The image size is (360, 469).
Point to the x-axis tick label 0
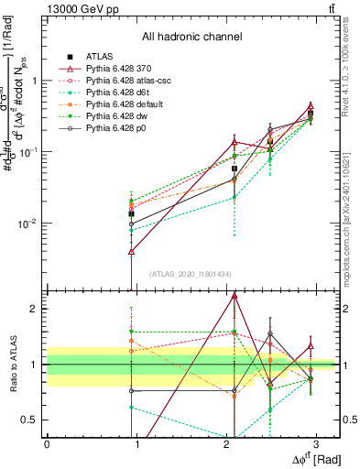tap(47, 444)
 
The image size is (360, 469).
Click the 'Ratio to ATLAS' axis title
tap(12, 365)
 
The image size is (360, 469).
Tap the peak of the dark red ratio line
tap(235, 295)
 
